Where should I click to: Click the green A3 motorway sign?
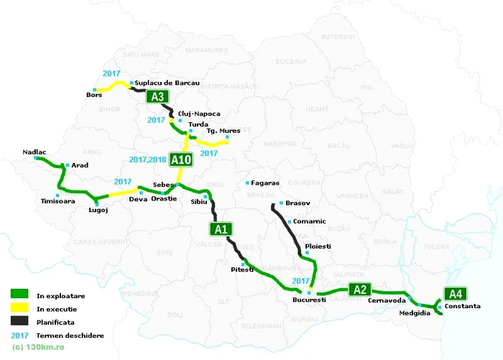click(x=158, y=98)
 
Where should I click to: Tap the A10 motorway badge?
click(x=182, y=160)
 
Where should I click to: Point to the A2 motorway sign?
click(x=360, y=290)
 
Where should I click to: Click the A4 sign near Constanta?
click(x=454, y=293)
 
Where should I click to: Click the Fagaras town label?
click(x=265, y=183)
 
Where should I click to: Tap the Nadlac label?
click(x=35, y=152)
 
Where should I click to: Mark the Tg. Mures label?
click(x=223, y=131)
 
